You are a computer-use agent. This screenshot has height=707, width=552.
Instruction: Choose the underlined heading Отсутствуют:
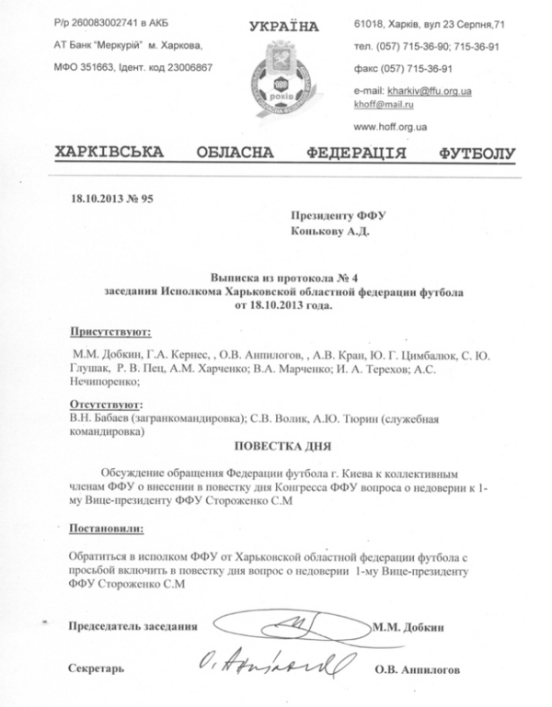point(107,404)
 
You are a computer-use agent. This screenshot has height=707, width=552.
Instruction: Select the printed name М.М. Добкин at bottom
point(410,627)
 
